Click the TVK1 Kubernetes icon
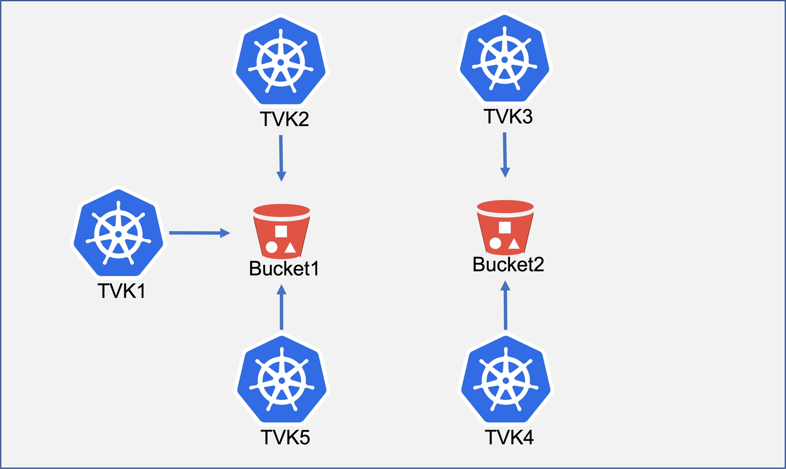point(118,233)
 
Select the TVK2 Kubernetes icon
point(281,61)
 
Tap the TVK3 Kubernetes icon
point(505,59)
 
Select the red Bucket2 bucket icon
point(505,228)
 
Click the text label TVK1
point(122,291)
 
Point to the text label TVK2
point(284,119)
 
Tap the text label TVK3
point(508,116)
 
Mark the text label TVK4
point(509,437)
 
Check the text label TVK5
point(285,437)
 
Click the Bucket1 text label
point(284,268)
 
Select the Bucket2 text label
point(508,265)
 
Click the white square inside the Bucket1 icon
point(281,231)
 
